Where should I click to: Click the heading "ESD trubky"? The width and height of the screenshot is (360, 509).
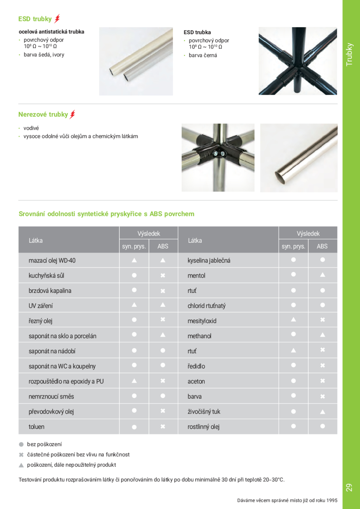[x=35, y=19]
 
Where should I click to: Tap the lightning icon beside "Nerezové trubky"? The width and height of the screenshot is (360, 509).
[x=72, y=114]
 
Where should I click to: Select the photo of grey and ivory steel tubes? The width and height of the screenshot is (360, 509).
[x=136, y=61]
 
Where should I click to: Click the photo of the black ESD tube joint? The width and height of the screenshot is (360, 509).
[x=298, y=61]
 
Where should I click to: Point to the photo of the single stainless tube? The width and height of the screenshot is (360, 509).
[x=298, y=157]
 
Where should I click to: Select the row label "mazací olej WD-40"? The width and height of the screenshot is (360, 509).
[x=52, y=260]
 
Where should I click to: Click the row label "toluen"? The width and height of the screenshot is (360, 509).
[x=36, y=427]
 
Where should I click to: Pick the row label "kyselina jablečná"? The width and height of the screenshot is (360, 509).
[x=209, y=260]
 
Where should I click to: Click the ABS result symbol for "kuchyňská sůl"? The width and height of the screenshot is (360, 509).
[x=163, y=275]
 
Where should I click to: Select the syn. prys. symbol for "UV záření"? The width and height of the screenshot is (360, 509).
[x=134, y=305]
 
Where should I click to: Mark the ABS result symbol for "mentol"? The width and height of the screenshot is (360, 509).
[x=322, y=275]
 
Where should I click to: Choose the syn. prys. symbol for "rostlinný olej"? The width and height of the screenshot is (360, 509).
[x=293, y=426]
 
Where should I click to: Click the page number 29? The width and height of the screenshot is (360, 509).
[x=349, y=487]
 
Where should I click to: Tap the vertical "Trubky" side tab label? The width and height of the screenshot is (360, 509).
[x=350, y=54]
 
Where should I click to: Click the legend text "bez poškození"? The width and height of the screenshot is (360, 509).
[x=44, y=444]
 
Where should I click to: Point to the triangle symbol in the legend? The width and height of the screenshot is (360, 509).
[x=21, y=465]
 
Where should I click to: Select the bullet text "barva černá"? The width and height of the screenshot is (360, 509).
[x=203, y=55]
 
